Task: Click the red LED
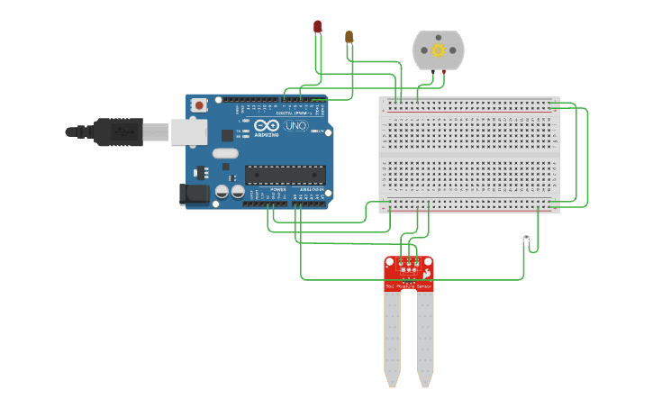(x=317, y=27)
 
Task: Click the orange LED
(x=349, y=37)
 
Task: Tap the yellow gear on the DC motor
(x=439, y=50)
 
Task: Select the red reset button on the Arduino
(x=199, y=105)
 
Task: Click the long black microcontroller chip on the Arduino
(x=285, y=175)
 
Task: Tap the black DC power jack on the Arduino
(x=194, y=194)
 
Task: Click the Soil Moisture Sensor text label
(x=409, y=286)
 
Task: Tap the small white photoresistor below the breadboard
(x=526, y=238)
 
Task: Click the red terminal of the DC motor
(x=443, y=71)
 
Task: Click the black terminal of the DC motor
(x=433, y=71)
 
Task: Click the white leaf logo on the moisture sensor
(x=427, y=272)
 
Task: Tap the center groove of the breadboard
(x=468, y=154)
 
